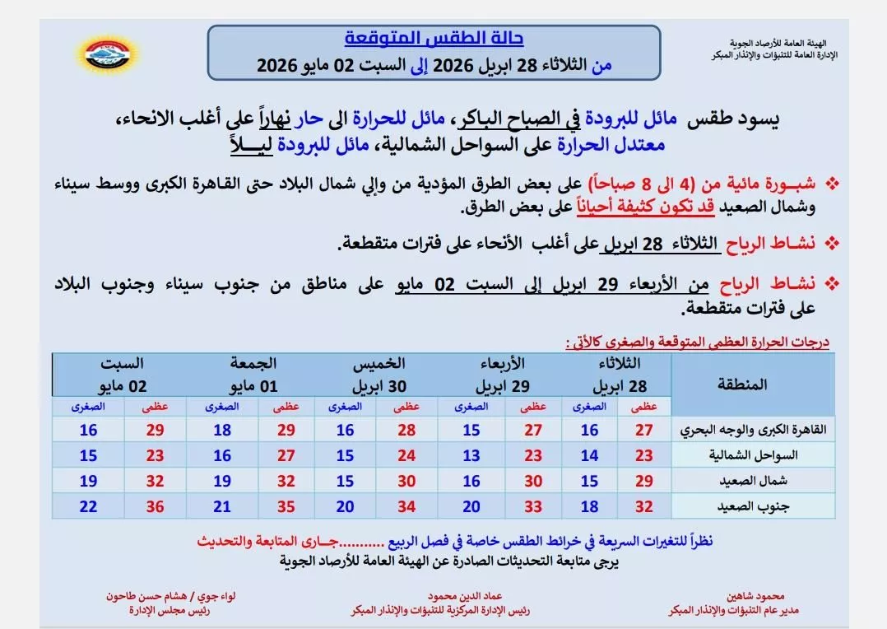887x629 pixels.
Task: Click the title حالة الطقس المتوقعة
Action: (x=434, y=39)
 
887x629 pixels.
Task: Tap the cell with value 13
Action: (x=470, y=454)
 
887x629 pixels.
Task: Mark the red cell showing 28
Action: (x=407, y=429)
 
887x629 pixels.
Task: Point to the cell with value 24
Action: (x=407, y=454)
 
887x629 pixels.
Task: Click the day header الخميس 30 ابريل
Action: (x=377, y=375)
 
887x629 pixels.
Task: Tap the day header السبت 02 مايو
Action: (x=123, y=375)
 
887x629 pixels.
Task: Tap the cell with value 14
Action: (x=589, y=454)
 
